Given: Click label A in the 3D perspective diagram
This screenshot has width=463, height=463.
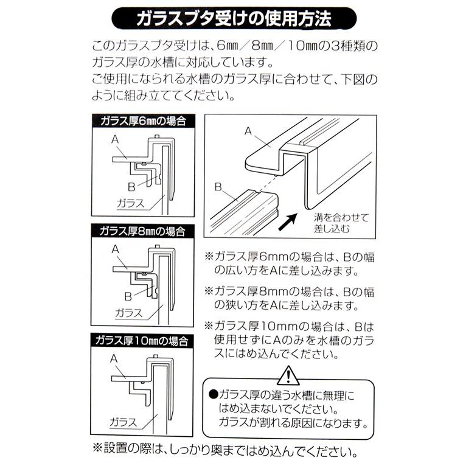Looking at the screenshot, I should [x=248, y=130].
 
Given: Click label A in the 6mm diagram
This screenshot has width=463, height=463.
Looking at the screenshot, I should [x=114, y=139].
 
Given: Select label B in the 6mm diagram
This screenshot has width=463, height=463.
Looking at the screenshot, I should [x=130, y=186].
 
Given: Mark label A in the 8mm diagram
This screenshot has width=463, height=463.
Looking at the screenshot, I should [x=114, y=249].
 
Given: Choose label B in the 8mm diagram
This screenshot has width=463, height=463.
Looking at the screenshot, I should [x=128, y=296].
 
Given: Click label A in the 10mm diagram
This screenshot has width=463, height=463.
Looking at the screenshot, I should [x=114, y=359].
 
